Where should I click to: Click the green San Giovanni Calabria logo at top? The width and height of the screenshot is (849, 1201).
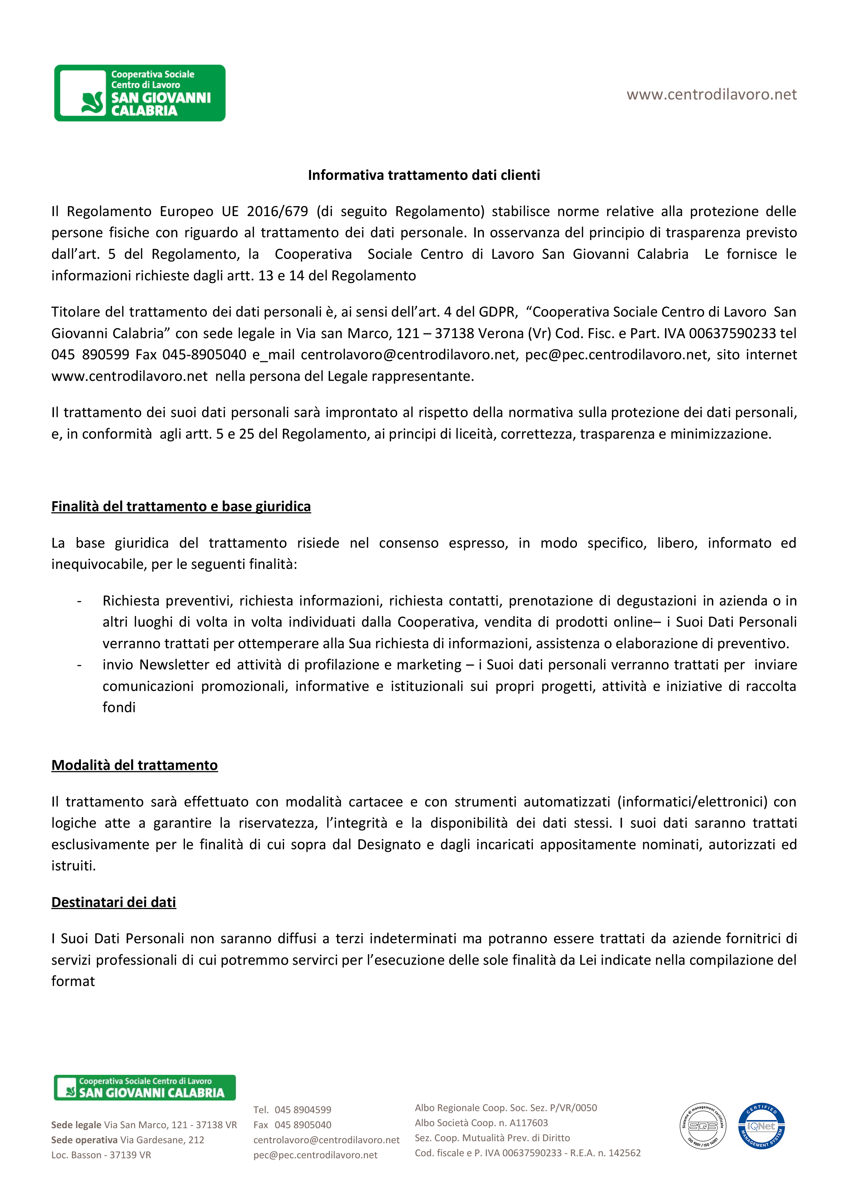point(140,93)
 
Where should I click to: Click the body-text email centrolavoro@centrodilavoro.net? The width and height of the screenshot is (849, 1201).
point(408,355)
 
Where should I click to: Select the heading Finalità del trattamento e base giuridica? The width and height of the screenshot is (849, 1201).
point(181,506)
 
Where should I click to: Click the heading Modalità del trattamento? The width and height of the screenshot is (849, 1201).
point(134,765)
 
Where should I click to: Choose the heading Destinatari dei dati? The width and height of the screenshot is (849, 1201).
point(113,902)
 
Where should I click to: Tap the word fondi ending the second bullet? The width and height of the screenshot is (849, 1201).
point(119,707)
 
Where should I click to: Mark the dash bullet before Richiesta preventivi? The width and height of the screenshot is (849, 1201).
point(79,601)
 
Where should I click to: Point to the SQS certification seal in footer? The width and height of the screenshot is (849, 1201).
point(702,1126)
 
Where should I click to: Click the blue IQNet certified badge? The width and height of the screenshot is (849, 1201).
point(761,1126)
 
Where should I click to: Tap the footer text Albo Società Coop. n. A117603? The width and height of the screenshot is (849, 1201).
point(481,1122)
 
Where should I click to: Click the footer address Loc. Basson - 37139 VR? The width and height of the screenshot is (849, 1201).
point(101,1155)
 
